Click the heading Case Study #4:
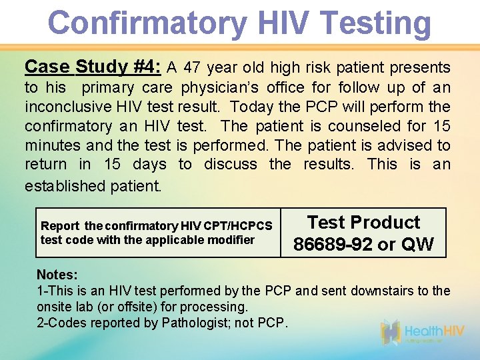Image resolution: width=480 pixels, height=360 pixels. [x=93, y=67]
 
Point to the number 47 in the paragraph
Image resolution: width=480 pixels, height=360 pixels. [x=191, y=68]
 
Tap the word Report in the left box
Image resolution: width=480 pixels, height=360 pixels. [x=60, y=226]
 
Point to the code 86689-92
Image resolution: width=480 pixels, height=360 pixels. [x=333, y=244]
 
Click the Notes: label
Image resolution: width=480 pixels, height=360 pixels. [x=57, y=275]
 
